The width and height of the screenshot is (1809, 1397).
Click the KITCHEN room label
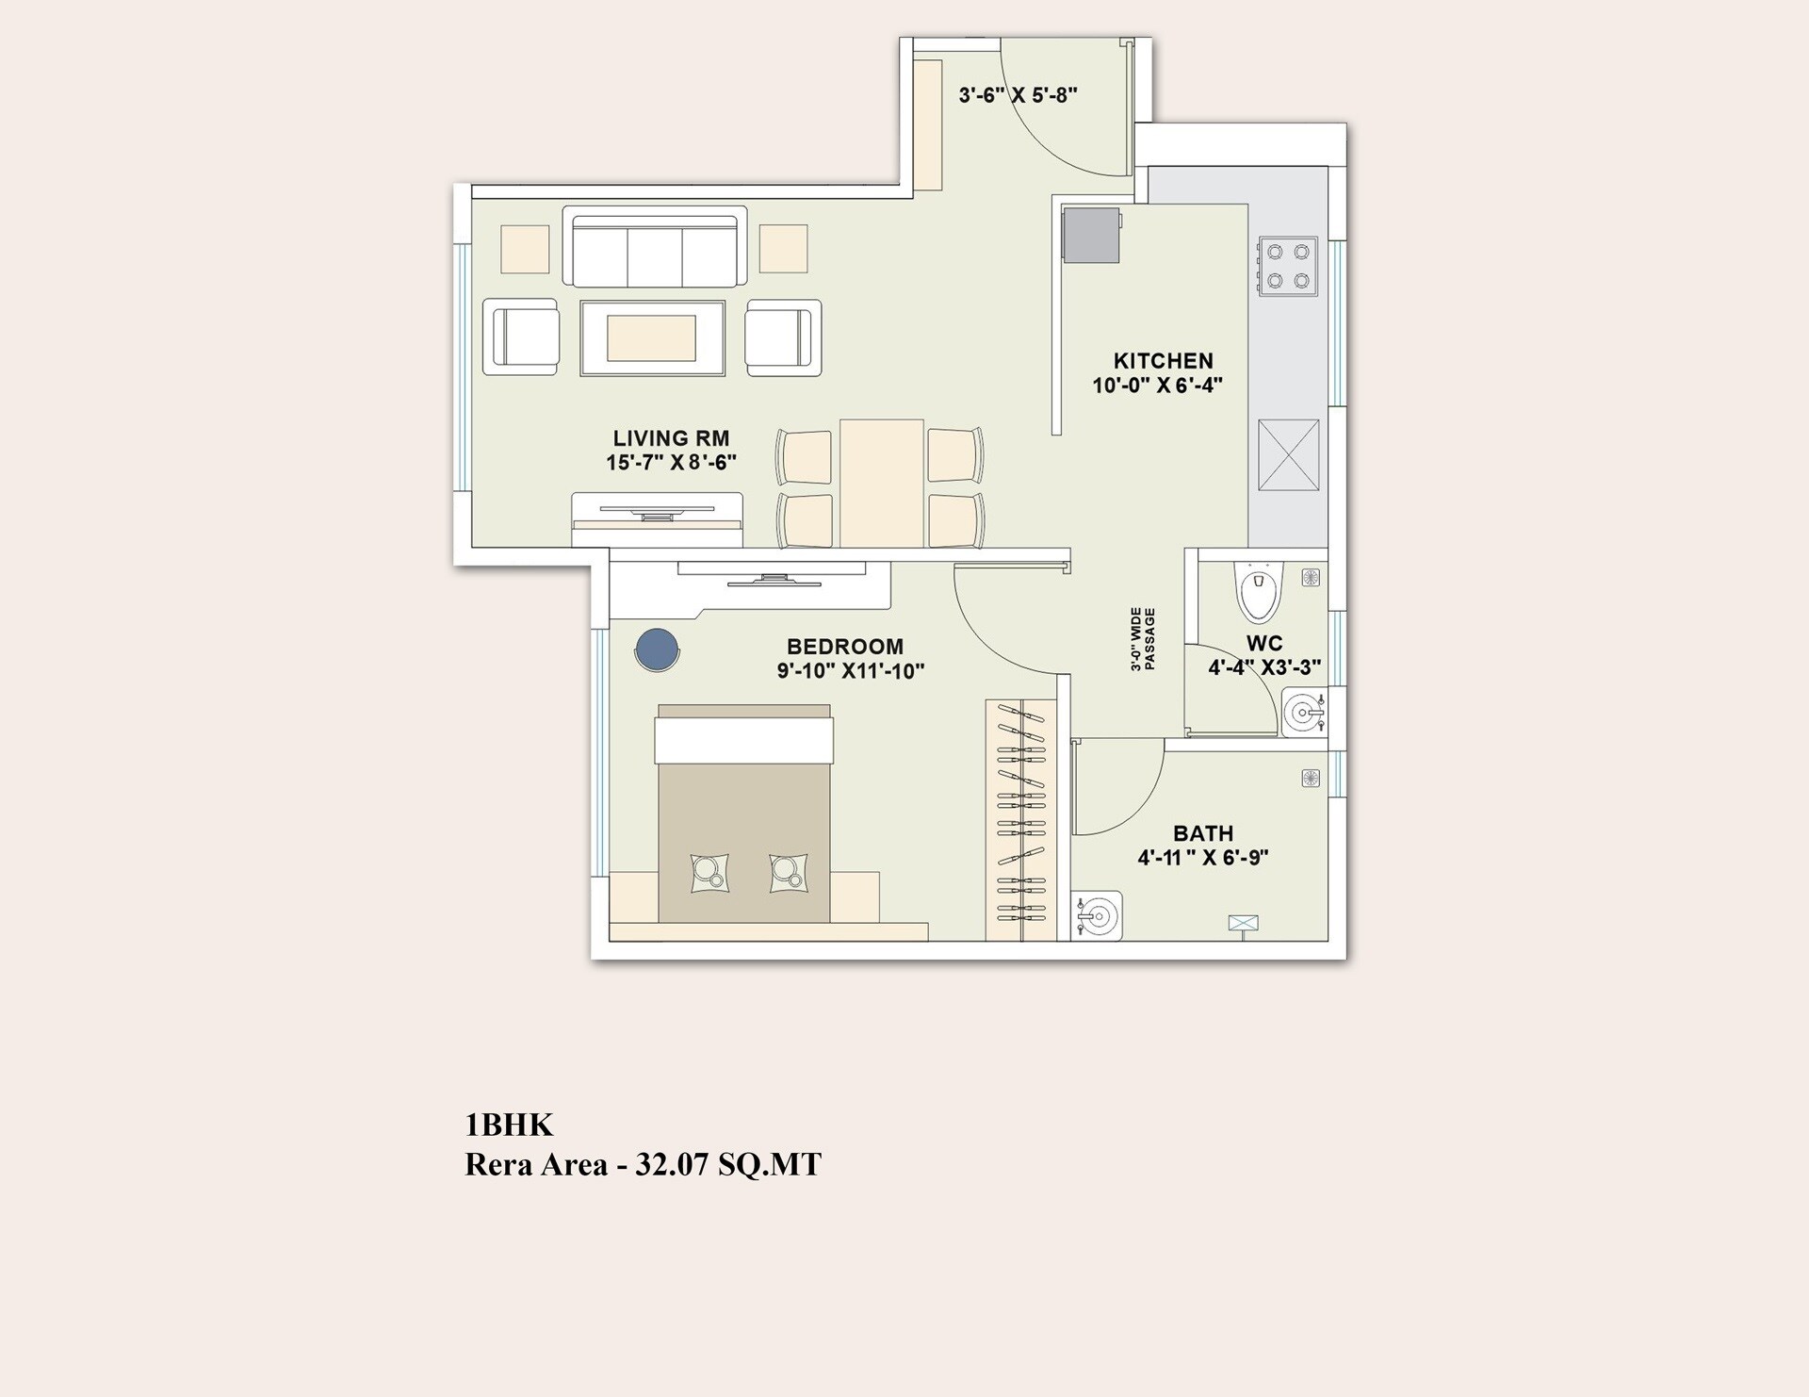tap(1163, 361)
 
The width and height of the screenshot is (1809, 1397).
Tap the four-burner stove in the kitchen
tap(1287, 266)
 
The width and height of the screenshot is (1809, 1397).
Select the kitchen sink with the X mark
tap(1288, 455)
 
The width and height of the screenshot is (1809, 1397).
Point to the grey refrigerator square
tap(1091, 235)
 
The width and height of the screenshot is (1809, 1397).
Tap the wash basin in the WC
tap(1304, 712)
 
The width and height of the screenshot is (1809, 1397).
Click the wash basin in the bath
tap(1097, 914)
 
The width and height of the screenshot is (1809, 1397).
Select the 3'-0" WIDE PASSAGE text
tap(1143, 639)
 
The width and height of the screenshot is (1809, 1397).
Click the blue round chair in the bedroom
tap(657, 649)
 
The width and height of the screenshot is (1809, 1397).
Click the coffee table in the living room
tap(652, 338)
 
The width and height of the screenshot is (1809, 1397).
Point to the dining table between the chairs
tap(881, 483)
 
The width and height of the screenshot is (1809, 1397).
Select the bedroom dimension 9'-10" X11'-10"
tap(850, 671)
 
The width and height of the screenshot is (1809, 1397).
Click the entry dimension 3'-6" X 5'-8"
tap(1018, 95)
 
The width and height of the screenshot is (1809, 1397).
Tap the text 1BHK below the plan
tap(509, 1125)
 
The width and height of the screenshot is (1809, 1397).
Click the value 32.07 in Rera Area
tap(671, 1165)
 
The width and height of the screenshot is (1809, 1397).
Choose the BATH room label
tap(1202, 833)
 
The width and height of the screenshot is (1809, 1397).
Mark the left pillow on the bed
tap(709, 872)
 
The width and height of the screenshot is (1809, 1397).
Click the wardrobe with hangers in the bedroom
tap(1021, 820)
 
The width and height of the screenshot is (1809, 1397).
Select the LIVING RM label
tap(671, 438)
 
